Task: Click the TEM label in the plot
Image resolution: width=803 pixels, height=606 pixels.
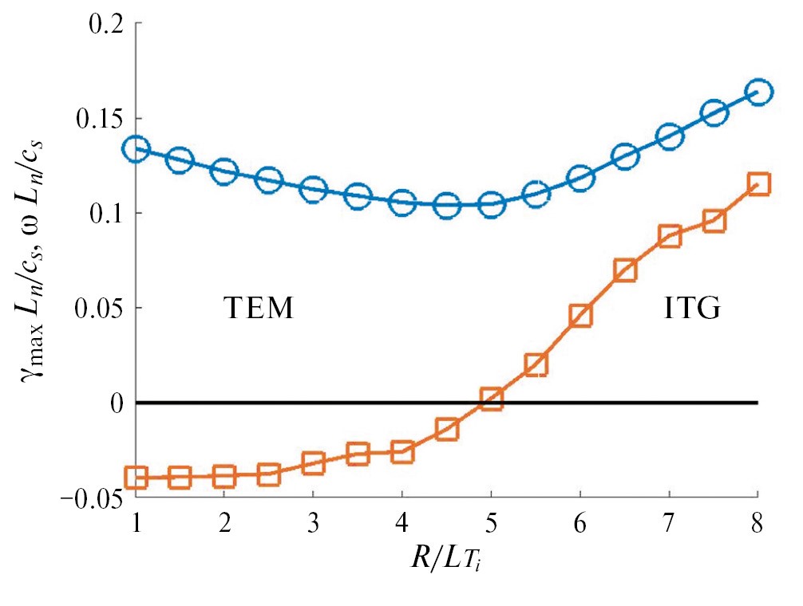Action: pos(258,309)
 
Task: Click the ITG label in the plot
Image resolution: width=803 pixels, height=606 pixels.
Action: pos(692,309)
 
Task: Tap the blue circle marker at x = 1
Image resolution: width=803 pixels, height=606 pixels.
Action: pos(136,148)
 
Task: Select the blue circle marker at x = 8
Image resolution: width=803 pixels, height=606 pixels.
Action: pos(759,92)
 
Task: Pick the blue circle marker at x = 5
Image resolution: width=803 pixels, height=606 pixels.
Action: pos(492,204)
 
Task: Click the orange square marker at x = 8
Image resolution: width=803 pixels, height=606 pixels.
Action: pos(759,184)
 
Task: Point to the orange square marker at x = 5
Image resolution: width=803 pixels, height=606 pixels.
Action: pos(492,399)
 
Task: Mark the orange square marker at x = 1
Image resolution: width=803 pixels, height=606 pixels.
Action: pos(136,478)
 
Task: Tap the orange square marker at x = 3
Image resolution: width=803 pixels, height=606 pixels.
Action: pos(314,463)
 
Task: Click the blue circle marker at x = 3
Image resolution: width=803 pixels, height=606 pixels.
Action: pos(314,190)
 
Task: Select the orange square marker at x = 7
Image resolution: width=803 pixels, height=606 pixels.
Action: pos(670,236)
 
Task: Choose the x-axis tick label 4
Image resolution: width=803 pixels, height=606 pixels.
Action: pos(402,525)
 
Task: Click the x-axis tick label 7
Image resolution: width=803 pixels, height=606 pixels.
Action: pos(670,525)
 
